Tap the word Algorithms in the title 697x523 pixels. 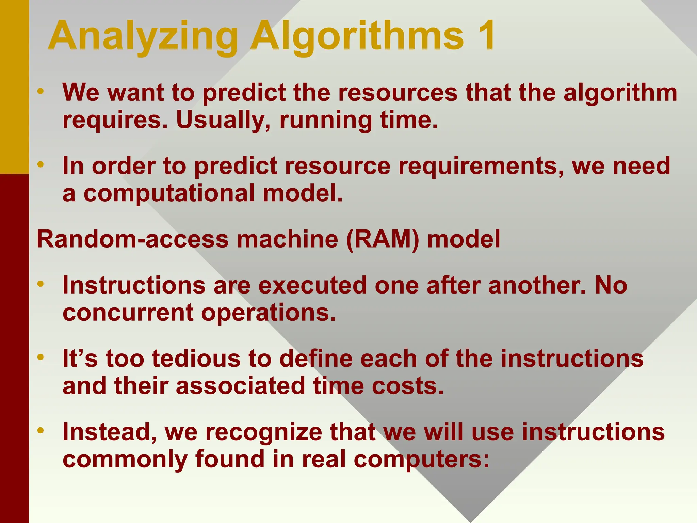[357, 37]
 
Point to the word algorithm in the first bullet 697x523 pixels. [620, 93]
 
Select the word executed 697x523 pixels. [312, 285]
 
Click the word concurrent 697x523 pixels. [128, 313]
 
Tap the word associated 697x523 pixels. [240, 386]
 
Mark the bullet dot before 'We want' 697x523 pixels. [41, 91]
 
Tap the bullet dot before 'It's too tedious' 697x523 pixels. [41, 357]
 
